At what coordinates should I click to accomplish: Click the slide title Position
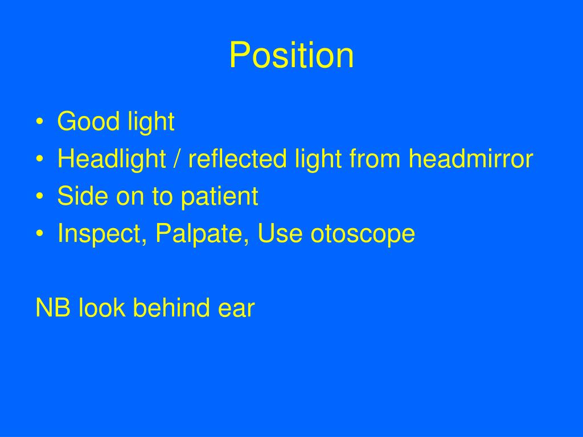point(291,56)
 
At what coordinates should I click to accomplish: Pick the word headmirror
point(470,159)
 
